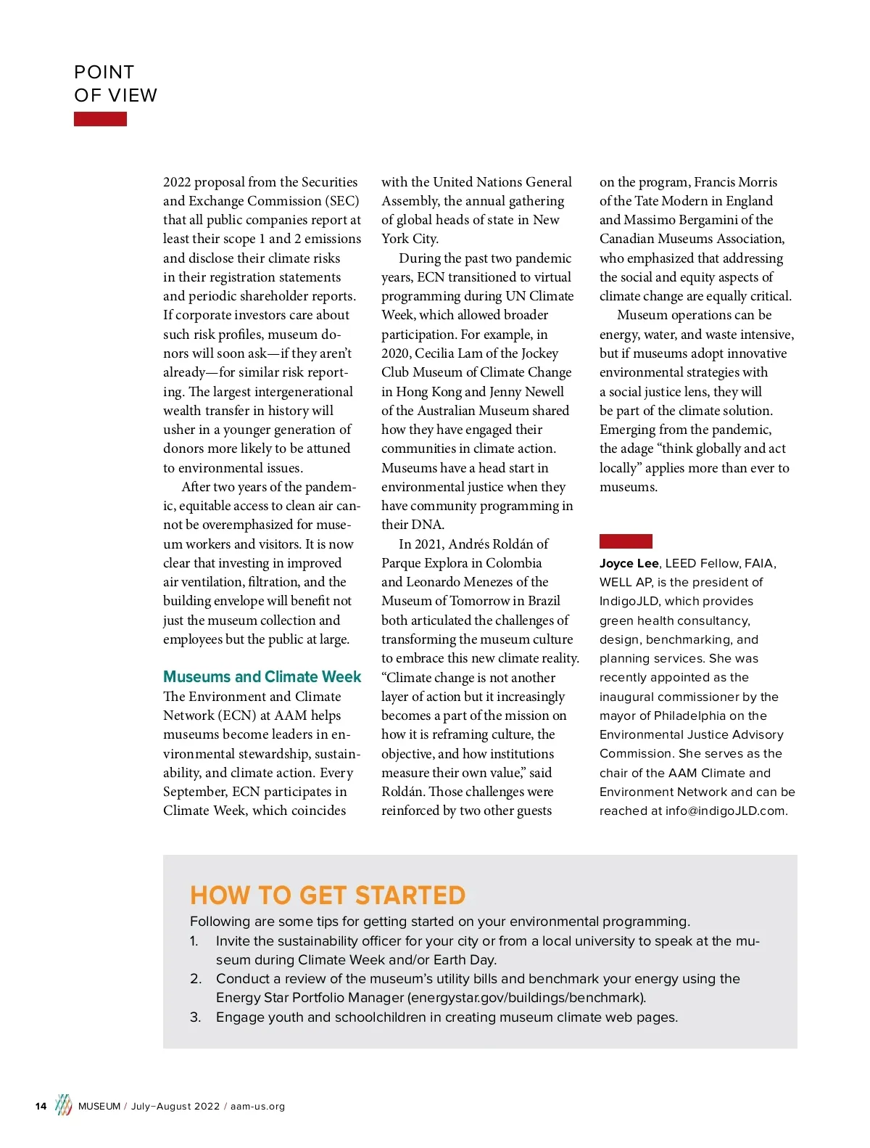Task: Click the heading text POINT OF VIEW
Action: click(115, 83)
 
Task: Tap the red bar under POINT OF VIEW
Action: click(100, 119)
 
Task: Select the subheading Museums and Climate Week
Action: click(262, 677)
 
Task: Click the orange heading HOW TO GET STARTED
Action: click(328, 895)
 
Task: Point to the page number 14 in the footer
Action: click(41, 1107)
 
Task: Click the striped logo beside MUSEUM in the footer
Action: click(64, 1105)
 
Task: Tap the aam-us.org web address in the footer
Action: click(257, 1107)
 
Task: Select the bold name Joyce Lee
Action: click(629, 564)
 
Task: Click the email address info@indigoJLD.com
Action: click(725, 811)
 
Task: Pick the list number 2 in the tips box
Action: click(196, 979)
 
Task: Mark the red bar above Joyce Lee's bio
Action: click(626, 541)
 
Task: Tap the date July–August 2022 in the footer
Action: click(175, 1107)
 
